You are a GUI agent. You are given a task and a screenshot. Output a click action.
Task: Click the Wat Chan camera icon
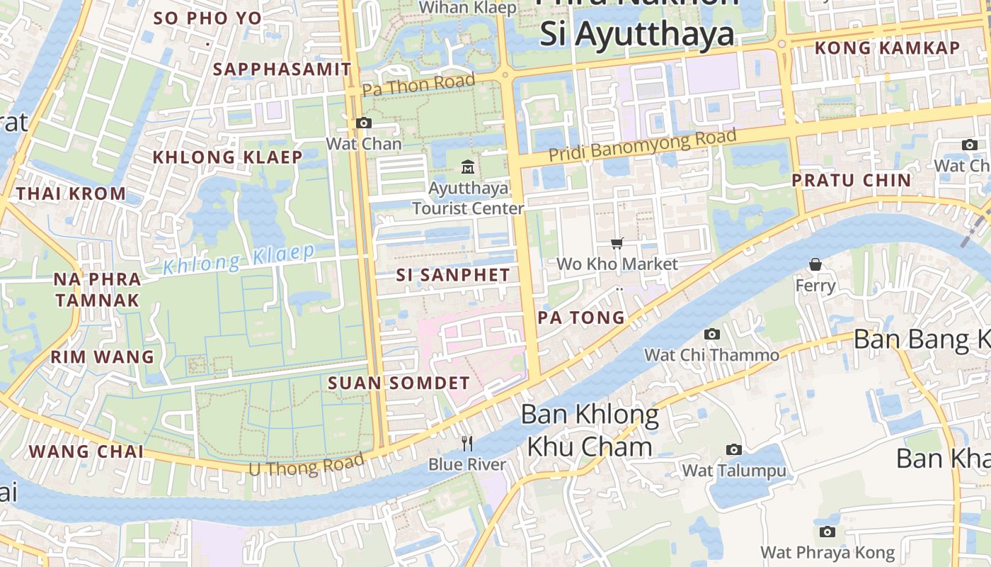click(363, 123)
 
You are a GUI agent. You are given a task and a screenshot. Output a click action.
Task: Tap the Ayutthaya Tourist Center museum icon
click(468, 167)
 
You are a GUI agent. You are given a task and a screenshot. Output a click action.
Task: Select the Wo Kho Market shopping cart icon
click(617, 243)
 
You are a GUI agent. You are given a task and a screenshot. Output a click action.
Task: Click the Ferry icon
click(815, 264)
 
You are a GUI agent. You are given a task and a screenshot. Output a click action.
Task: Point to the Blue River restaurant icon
click(467, 444)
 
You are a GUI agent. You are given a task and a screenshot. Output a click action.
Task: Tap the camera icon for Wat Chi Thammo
click(712, 334)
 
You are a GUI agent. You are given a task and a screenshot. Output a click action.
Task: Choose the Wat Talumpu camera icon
click(734, 449)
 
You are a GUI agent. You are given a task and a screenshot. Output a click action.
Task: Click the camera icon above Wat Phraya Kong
click(827, 532)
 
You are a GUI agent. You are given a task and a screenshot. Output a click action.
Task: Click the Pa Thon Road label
click(418, 85)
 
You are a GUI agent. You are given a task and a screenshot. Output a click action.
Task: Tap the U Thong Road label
click(307, 465)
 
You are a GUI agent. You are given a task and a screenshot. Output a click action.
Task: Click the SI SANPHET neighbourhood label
click(453, 275)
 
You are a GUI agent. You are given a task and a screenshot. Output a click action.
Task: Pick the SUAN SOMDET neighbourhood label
click(399, 383)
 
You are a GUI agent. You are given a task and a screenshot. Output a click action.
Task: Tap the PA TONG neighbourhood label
click(581, 318)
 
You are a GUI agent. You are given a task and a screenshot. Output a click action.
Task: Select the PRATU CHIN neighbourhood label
click(851, 180)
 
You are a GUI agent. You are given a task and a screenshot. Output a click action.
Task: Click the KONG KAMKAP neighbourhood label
click(888, 48)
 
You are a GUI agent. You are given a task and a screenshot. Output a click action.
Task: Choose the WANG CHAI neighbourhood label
click(86, 451)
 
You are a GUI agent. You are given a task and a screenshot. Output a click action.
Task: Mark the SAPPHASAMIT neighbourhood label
click(282, 69)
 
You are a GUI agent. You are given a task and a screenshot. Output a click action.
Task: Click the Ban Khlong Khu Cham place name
click(590, 430)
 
